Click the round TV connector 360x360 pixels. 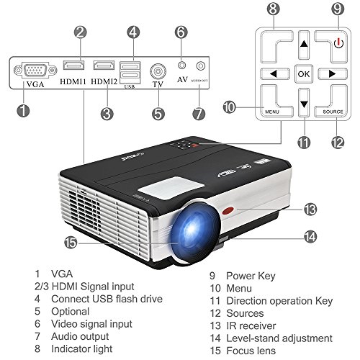point(158,73)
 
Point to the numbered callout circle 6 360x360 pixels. point(181,32)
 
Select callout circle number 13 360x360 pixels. point(310,210)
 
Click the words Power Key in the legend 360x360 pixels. point(251,275)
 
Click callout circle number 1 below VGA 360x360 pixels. point(24,112)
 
